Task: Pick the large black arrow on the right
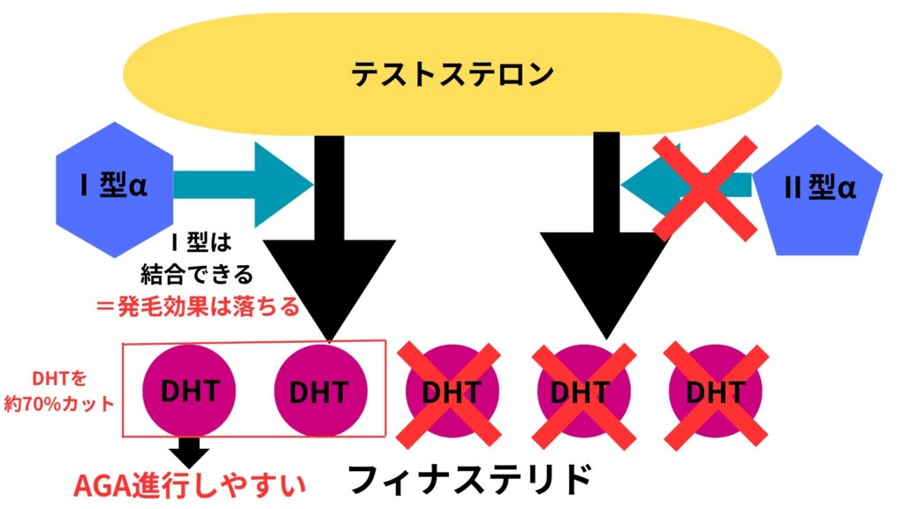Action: click(x=605, y=265)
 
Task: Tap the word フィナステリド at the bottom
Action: click(x=468, y=481)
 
